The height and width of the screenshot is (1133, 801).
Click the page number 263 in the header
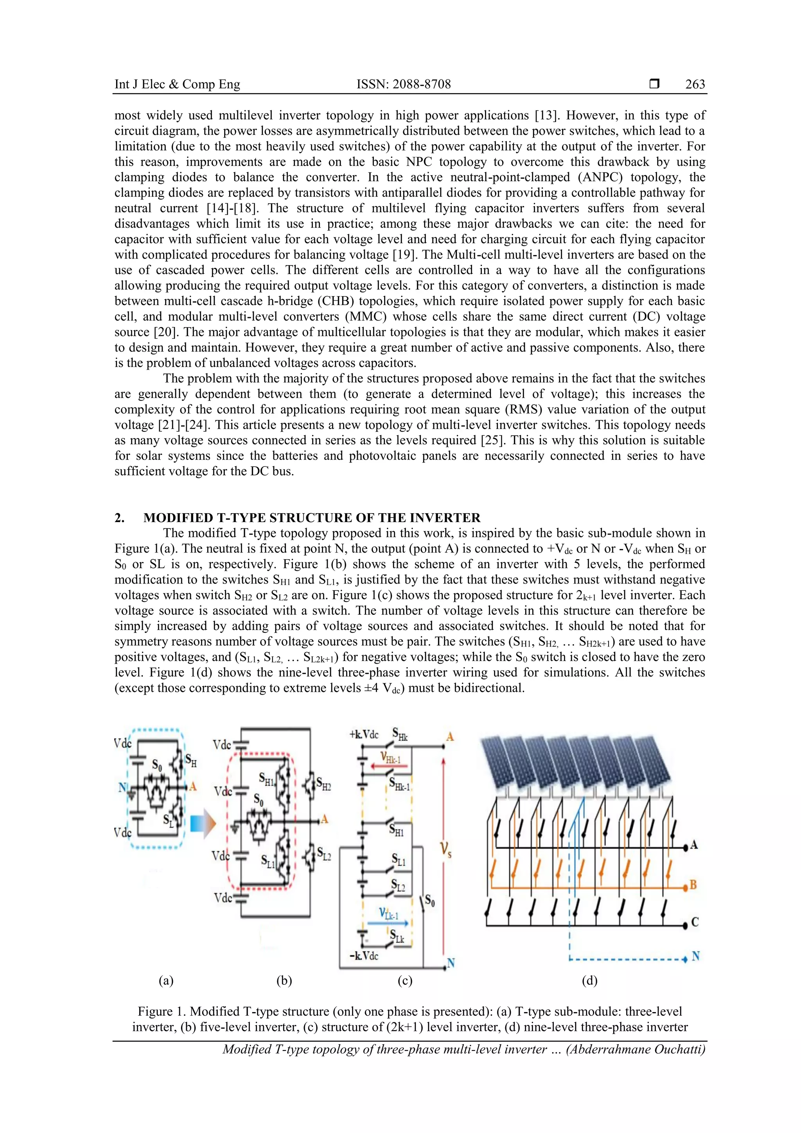(x=695, y=84)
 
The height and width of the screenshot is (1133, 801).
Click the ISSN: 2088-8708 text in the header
(x=403, y=84)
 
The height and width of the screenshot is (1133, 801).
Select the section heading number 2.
(x=119, y=518)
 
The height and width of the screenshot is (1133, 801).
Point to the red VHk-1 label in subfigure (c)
(x=390, y=758)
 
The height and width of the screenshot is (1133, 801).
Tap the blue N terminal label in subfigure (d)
(x=695, y=956)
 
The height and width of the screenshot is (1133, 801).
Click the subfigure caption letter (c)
(x=405, y=981)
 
